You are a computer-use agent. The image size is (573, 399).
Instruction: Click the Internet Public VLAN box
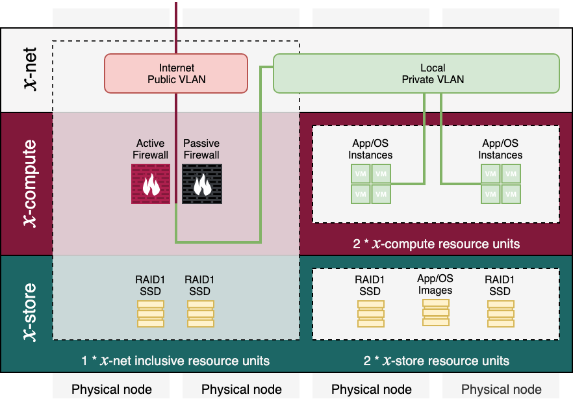tap(176, 73)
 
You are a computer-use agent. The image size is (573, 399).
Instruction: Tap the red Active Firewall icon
tap(151, 184)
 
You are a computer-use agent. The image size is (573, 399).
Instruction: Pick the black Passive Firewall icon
tap(201, 184)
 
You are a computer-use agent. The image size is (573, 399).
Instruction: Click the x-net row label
tap(27, 70)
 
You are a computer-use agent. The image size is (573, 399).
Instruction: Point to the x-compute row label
tap(27, 184)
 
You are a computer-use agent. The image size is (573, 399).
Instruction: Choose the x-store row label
tap(27, 313)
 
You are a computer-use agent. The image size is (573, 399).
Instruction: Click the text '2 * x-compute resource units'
tap(436, 244)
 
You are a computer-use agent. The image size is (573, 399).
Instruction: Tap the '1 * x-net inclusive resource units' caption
tap(175, 361)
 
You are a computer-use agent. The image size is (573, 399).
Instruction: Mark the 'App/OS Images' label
tap(435, 285)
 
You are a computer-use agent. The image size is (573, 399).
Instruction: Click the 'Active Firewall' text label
tap(151, 149)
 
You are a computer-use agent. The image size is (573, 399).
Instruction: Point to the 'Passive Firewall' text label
tap(201, 149)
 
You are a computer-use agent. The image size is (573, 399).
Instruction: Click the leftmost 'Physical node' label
tap(112, 389)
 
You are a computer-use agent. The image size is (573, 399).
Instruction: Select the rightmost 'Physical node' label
tap(501, 389)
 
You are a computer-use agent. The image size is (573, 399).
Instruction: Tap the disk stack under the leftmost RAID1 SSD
tap(151, 314)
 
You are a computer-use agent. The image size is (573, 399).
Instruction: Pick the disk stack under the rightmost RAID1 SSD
tap(500, 314)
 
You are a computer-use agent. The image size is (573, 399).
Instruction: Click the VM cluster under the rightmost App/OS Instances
tap(500, 184)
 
